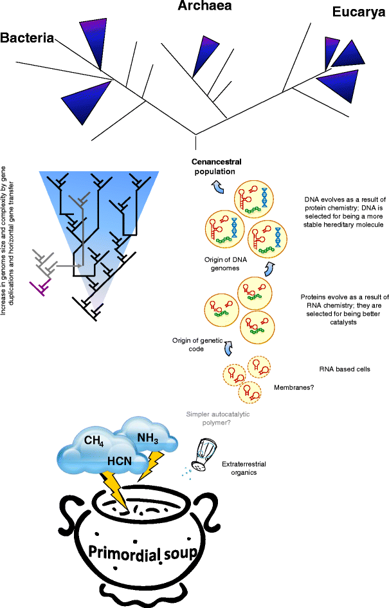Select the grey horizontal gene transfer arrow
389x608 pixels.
(68, 264)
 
